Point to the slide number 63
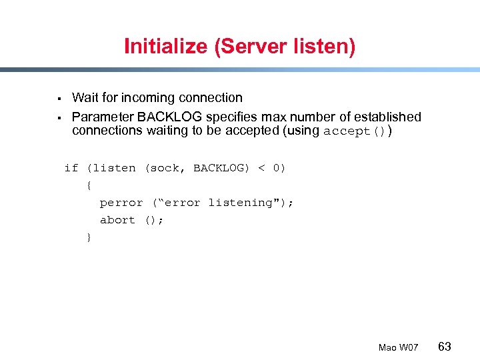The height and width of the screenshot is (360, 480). coord(445,347)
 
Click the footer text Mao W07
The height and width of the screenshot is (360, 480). coord(398,347)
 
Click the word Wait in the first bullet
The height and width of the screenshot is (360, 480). coord(85,98)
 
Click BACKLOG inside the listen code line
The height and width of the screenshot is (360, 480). coord(219,168)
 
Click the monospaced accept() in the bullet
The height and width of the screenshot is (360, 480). coord(354,131)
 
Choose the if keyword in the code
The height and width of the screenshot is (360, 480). coord(71,168)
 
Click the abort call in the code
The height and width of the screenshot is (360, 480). coord(117,220)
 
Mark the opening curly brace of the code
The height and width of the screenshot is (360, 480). coord(89,185)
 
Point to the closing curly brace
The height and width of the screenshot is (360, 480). coord(89,237)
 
